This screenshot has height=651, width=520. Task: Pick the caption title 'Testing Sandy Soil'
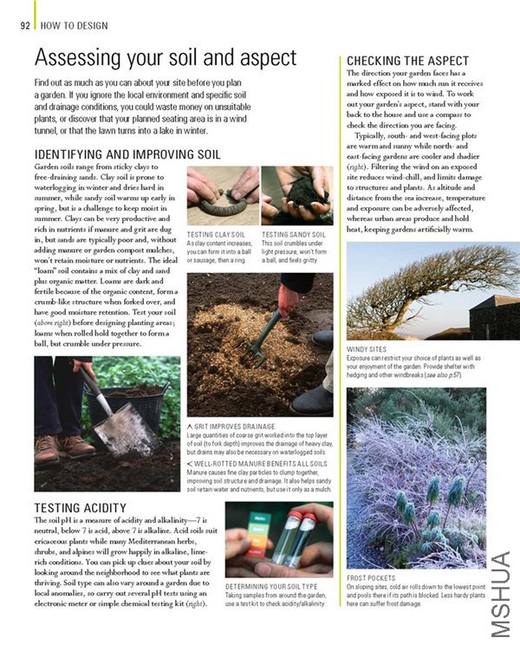coord(293,234)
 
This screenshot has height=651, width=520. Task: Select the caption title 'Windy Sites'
coord(368,349)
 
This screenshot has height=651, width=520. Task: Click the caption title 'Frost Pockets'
coord(371,576)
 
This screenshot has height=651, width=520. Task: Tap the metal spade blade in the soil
coord(122,429)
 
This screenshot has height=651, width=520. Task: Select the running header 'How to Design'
coord(71,25)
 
